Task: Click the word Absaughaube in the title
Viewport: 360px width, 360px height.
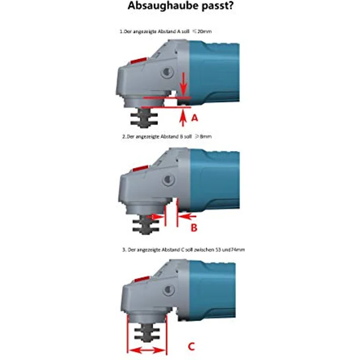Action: (x=163, y=6)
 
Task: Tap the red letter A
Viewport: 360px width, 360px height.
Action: (x=195, y=118)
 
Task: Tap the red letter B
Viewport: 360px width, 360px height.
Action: (x=194, y=228)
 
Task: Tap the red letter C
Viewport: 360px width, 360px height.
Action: (x=191, y=346)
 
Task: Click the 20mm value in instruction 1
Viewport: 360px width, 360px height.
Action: (x=204, y=31)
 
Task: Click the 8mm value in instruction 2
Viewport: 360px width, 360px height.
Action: (x=205, y=136)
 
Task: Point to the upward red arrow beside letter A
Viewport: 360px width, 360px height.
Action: (x=183, y=117)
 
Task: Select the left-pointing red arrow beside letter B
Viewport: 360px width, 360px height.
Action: (x=187, y=216)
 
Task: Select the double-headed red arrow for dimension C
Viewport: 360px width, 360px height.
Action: (x=147, y=351)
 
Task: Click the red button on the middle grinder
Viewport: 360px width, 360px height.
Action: (x=140, y=169)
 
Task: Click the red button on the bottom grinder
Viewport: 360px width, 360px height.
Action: (x=142, y=279)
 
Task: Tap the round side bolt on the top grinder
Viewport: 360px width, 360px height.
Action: (x=168, y=72)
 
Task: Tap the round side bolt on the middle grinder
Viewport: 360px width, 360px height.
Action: (x=169, y=180)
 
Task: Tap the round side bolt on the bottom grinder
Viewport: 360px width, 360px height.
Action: (x=169, y=290)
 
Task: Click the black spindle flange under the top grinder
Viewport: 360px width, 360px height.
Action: (x=144, y=118)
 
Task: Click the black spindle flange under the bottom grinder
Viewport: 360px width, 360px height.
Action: (x=147, y=333)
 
